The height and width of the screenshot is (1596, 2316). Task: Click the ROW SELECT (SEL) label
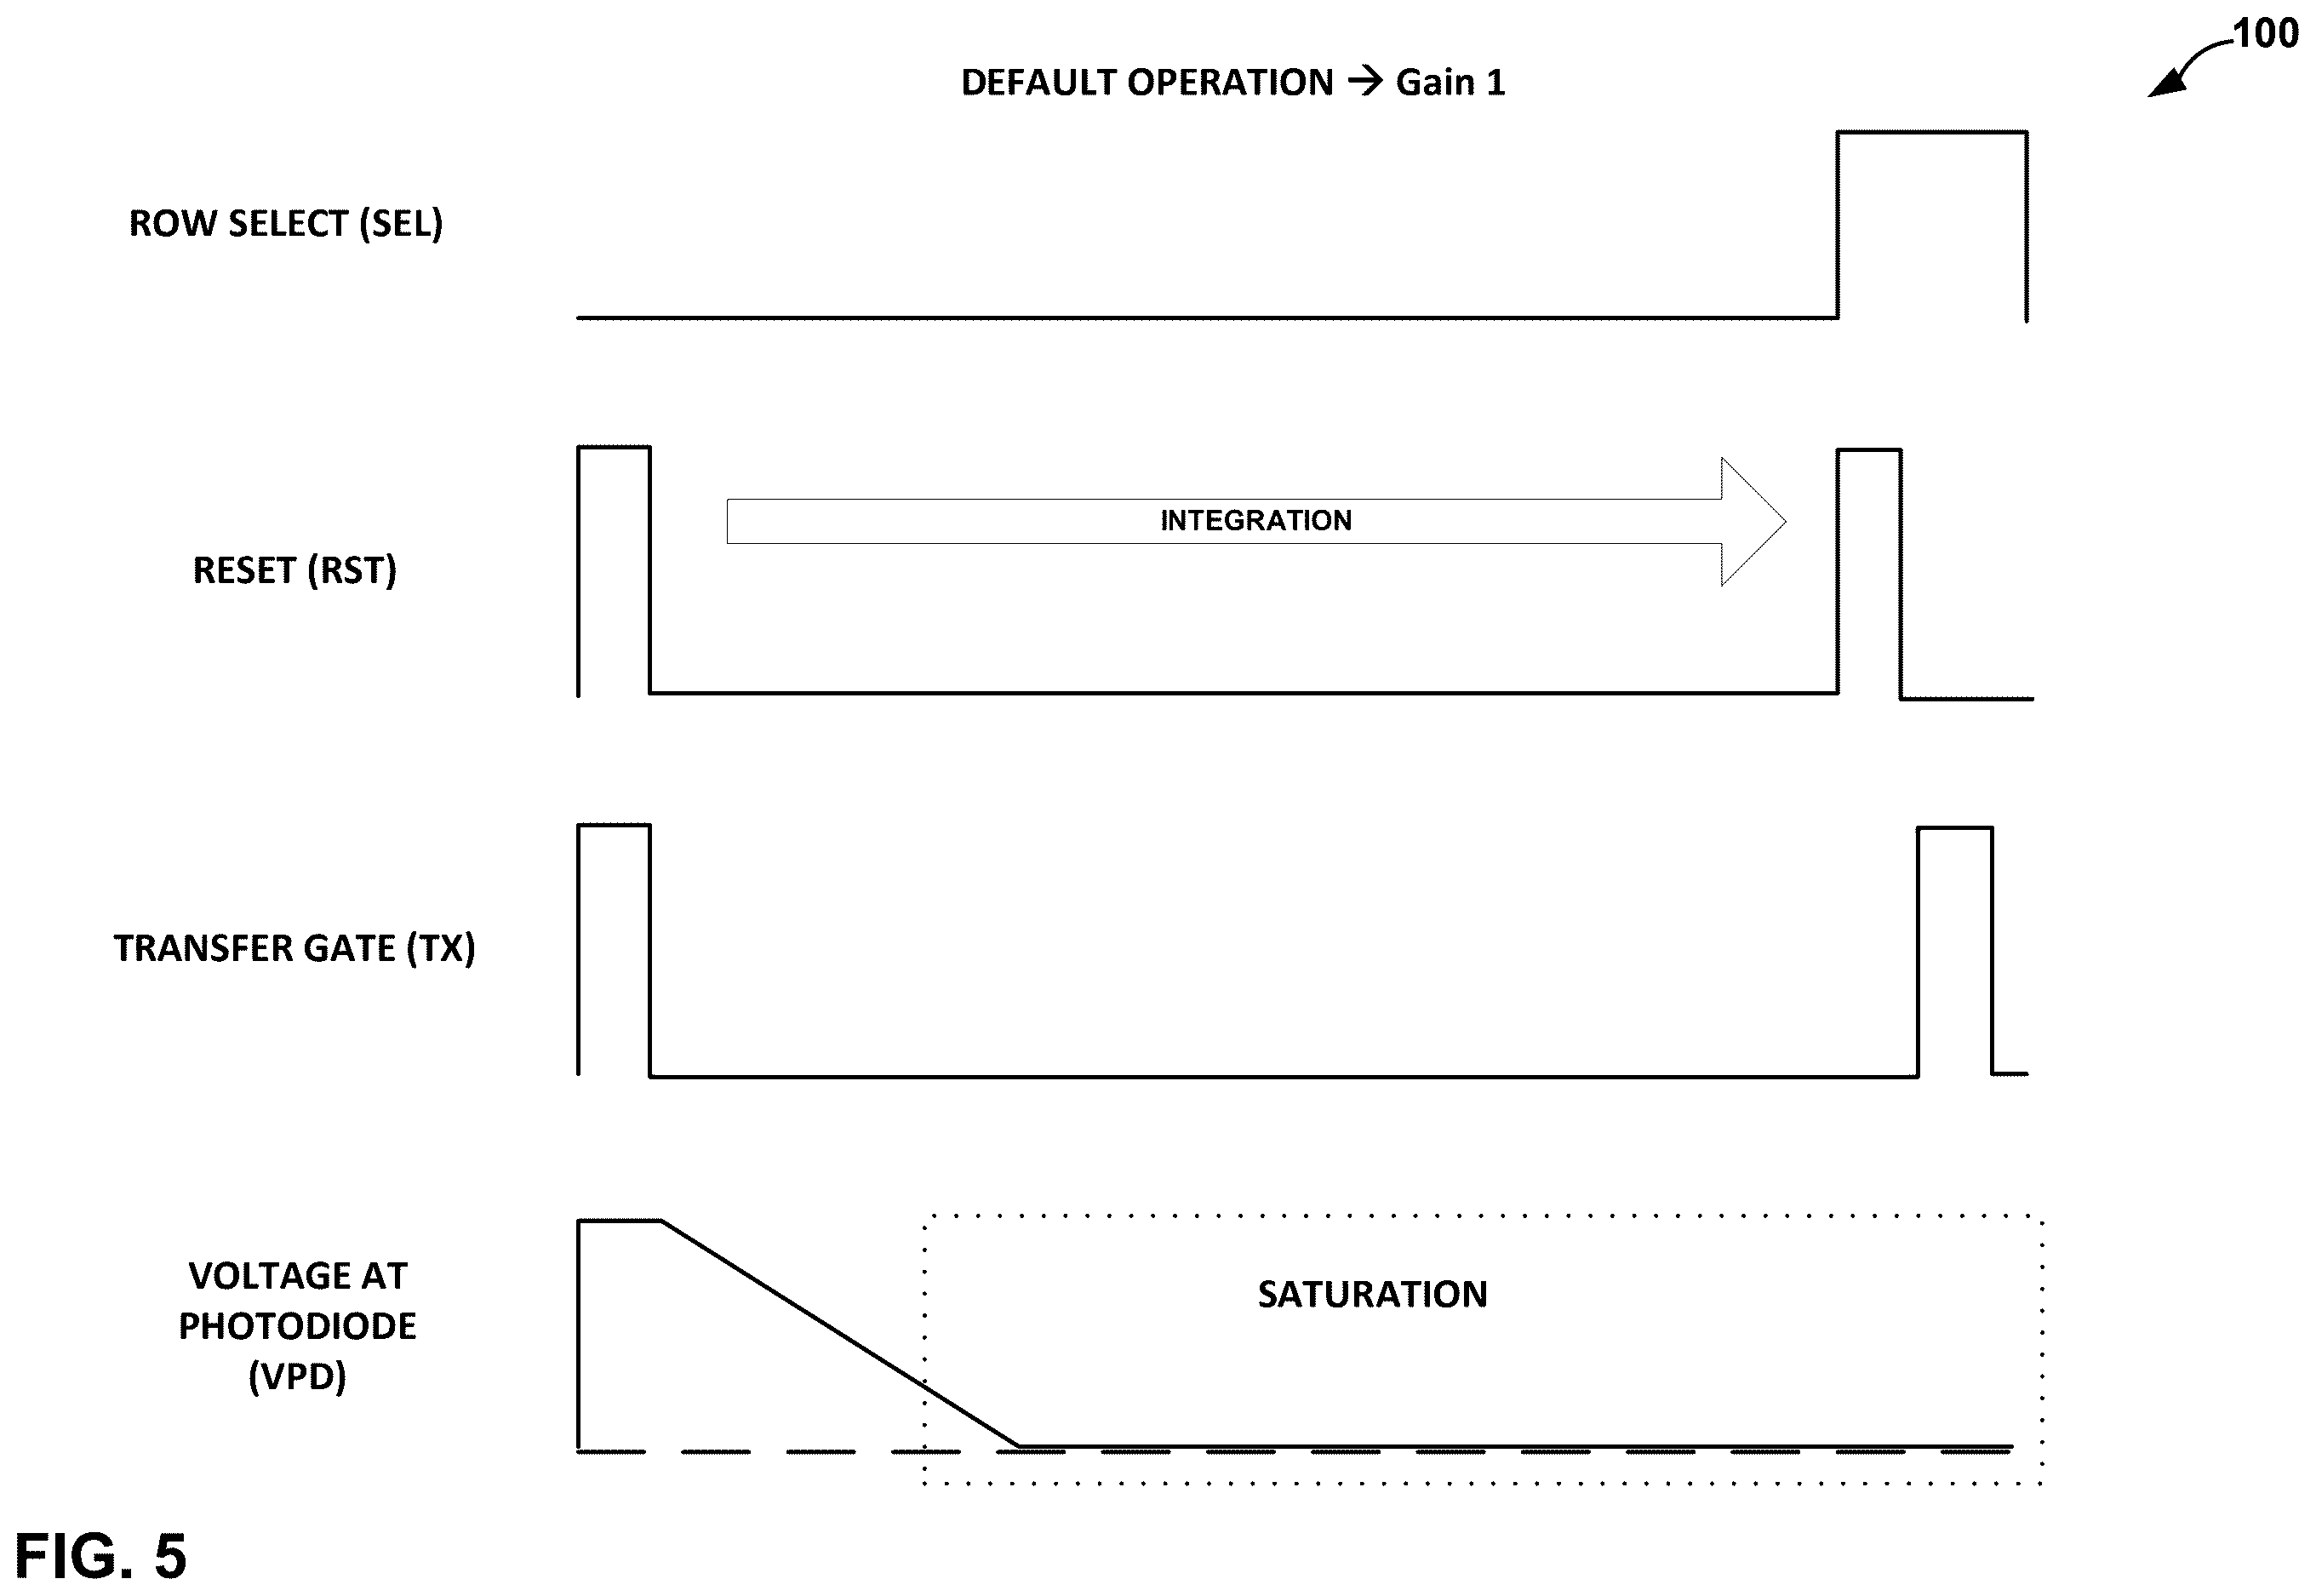click(286, 223)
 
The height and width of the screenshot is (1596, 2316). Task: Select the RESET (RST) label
click(295, 570)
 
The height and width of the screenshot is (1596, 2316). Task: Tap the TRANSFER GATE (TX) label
click(294, 948)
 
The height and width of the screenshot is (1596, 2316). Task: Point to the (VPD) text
click(297, 1376)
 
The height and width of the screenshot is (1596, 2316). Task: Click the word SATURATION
click(1372, 1294)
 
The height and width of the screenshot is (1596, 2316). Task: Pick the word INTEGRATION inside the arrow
click(1256, 520)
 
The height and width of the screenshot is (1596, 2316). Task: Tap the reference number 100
click(2265, 34)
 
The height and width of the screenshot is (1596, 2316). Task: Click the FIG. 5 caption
click(101, 1555)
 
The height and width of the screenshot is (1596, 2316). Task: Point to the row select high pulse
click(1932, 131)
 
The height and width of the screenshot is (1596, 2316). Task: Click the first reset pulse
click(614, 447)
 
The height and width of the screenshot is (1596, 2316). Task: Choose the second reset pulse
click(1869, 450)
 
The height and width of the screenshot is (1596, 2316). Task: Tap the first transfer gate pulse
click(614, 825)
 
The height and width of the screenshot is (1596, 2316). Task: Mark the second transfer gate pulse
click(1955, 828)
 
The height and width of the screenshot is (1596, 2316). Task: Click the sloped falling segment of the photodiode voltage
click(840, 1333)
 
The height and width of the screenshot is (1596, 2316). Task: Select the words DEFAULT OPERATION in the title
click(1147, 82)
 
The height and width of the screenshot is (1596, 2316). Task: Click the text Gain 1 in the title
click(1450, 82)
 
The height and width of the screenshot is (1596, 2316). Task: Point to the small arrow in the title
click(1365, 80)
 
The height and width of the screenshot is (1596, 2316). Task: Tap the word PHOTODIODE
click(297, 1326)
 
